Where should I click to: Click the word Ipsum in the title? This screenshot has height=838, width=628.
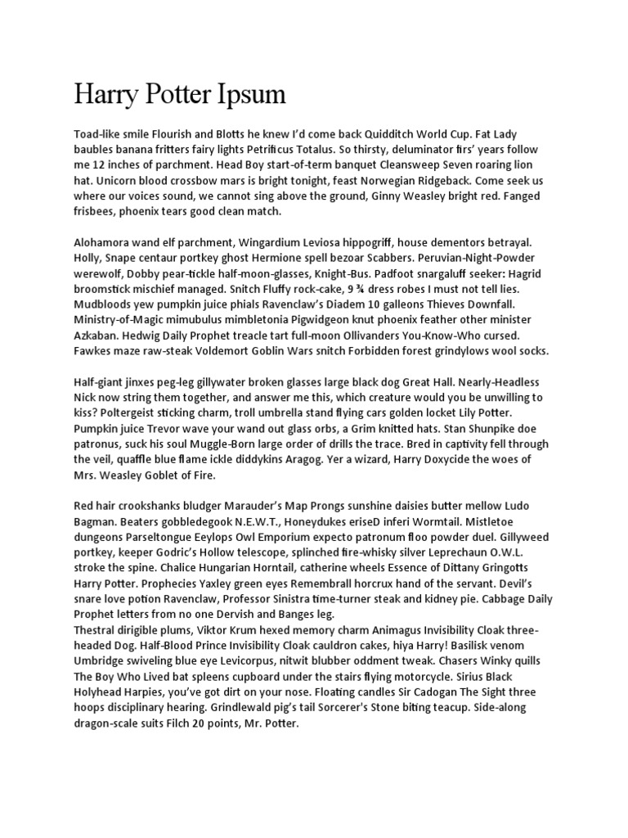[x=249, y=95]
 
